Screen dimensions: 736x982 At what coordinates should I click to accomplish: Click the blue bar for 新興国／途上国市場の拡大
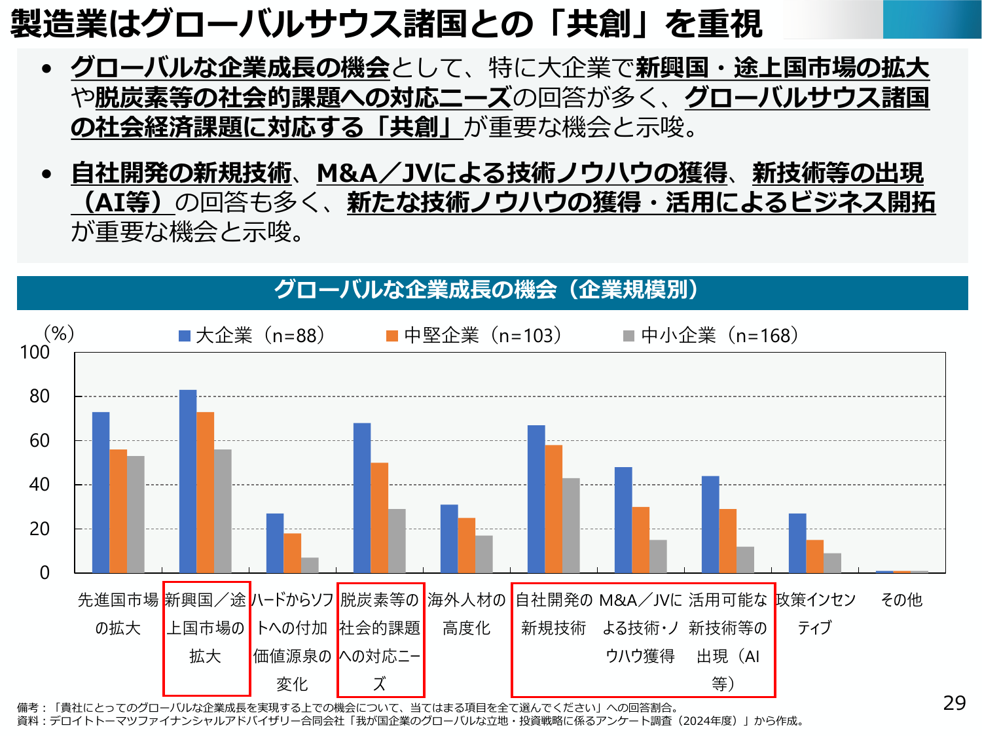coord(188,482)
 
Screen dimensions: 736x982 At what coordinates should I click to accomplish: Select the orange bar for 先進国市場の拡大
coord(118,511)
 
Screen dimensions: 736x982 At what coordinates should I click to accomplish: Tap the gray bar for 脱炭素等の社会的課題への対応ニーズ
coord(397,541)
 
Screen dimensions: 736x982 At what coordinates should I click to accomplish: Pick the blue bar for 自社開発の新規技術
coord(536,499)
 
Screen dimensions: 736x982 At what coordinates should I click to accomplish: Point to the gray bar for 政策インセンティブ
coord(832,563)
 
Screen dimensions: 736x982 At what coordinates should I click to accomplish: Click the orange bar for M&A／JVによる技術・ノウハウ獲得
coord(641,540)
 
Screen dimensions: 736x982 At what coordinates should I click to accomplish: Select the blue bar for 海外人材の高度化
coord(449,538)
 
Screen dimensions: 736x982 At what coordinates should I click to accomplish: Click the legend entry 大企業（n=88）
coord(252,336)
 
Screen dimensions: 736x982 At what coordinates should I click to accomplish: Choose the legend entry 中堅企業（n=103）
coord(474,336)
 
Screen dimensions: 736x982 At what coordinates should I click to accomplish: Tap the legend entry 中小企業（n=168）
coord(711,336)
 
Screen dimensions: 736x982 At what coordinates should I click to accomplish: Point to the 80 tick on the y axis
coord(39,396)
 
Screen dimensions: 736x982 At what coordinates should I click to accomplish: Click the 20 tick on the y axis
coord(39,529)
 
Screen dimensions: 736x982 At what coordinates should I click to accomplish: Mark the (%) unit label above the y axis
coord(59,334)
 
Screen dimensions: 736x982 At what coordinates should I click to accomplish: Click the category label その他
coord(901,600)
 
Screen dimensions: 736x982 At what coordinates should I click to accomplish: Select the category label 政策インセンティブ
coord(815,614)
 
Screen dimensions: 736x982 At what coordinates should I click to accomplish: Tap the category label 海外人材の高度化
coord(466,614)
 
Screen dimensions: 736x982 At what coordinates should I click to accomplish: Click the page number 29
coord(955,703)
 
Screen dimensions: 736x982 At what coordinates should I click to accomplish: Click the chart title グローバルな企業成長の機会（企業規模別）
coord(491,290)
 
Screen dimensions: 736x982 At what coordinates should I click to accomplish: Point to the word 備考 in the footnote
coord(27,707)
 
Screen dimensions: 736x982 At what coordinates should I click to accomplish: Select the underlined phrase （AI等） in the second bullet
coord(123,203)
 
